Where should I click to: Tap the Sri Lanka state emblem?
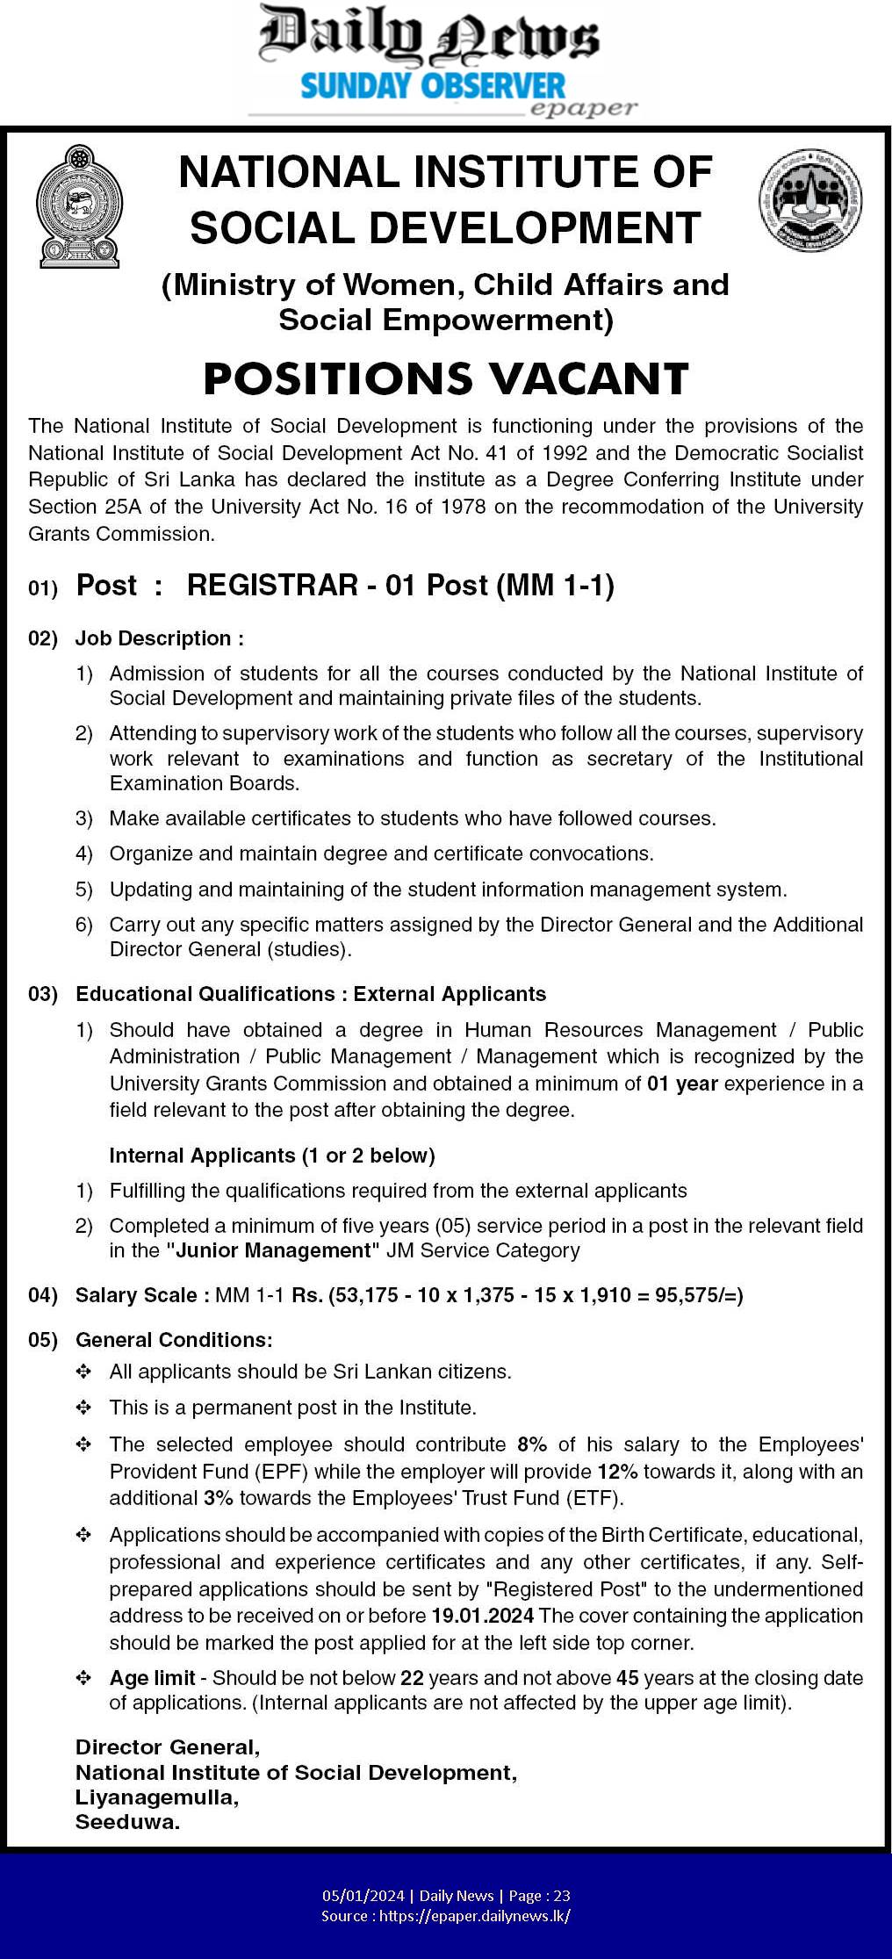click(78, 206)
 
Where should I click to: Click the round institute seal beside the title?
click(809, 199)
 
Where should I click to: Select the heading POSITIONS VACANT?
click(445, 379)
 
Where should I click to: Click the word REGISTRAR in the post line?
click(272, 585)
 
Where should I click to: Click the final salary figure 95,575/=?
click(699, 1294)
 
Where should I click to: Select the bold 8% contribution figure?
click(532, 1444)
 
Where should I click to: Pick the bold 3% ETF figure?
click(218, 1497)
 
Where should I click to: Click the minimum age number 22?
click(412, 1677)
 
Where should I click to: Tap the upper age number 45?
click(627, 1677)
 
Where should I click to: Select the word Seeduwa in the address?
click(127, 1821)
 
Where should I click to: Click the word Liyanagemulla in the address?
click(156, 1797)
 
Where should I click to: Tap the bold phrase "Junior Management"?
click(274, 1250)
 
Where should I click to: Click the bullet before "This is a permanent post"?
click(83, 1408)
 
